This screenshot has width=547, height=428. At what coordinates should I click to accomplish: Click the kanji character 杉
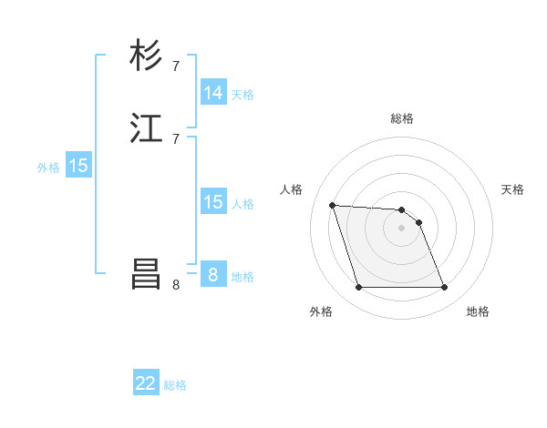tap(147, 56)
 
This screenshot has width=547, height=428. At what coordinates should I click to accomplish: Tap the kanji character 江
tap(147, 128)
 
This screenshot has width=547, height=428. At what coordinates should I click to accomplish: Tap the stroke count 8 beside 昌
tap(176, 285)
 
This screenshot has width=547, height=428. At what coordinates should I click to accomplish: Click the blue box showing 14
tap(213, 93)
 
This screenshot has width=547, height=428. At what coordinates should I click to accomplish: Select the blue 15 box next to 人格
tap(213, 202)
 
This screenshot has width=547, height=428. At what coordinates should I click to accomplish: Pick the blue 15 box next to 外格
tap(78, 166)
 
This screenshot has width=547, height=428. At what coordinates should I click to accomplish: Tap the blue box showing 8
tap(213, 274)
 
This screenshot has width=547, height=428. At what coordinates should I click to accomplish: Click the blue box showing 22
tap(147, 383)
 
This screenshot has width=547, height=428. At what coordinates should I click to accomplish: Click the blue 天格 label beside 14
tap(243, 95)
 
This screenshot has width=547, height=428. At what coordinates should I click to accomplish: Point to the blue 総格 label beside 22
tap(175, 385)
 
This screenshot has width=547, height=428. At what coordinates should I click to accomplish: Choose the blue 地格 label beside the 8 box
tap(243, 277)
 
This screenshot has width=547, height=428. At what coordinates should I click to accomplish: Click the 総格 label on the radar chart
tap(402, 118)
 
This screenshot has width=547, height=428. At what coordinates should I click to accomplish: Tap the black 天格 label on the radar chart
tap(512, 189)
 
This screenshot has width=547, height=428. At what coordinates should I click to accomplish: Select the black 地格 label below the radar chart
tap(478, 312)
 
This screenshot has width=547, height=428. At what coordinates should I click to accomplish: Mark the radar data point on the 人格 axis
tap(332, 205)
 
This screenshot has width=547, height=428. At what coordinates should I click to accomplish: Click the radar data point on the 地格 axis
tap(444, 288)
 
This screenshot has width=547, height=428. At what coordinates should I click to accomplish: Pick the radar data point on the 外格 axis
tap(358, 288)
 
